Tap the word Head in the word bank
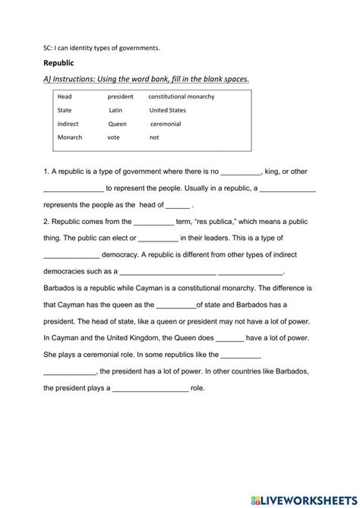65,97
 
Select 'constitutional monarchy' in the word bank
182,97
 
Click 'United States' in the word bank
167,110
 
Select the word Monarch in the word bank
70,137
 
